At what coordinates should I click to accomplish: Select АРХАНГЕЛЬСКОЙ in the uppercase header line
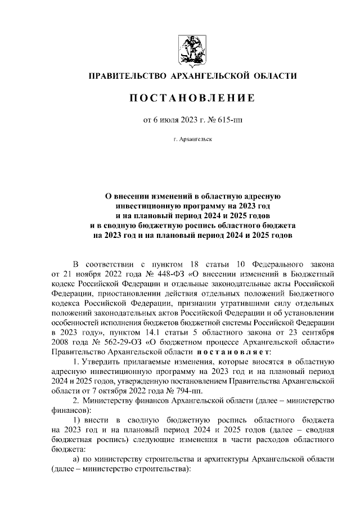tap(213, 75)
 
